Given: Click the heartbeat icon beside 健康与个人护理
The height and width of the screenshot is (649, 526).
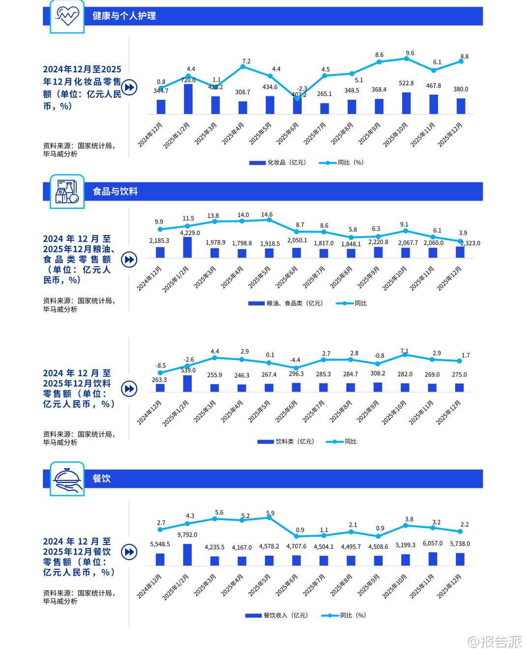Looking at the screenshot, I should (x=67, y=16).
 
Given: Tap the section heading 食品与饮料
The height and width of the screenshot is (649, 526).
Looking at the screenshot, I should (x=115, y=191).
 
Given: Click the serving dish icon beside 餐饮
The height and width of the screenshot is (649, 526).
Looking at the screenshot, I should (x=67, y=479).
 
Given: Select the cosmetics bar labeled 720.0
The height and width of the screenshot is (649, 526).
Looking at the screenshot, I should (x=188, y=99).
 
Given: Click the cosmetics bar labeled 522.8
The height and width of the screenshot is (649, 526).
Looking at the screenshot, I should (x=406, y=103).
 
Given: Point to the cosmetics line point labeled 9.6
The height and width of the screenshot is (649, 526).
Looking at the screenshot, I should (x=406, y=59).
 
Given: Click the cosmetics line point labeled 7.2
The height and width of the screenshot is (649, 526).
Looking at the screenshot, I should (x=243, y=66).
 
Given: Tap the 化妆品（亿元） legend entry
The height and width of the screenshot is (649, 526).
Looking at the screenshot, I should (x=278, y=163).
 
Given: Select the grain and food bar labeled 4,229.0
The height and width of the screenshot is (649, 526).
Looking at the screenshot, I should (x=187, y=247).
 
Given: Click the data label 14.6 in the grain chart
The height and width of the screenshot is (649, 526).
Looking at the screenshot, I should (x=267, y=214).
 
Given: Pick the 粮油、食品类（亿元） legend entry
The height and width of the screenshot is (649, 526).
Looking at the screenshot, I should (x=285, y=303).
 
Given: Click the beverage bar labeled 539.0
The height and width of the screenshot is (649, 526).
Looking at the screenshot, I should (x=187, y=383).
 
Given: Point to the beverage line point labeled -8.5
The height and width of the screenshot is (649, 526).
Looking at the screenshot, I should (x=160, y=373).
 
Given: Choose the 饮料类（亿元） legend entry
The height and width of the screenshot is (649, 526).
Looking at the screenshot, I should (x=286, y=442).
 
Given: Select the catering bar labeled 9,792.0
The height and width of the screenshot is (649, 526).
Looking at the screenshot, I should (x=187, y=555).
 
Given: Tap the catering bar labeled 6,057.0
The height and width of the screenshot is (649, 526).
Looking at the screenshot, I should (x=433, y=559).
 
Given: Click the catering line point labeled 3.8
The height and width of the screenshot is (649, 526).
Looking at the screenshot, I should (x=406, y=526).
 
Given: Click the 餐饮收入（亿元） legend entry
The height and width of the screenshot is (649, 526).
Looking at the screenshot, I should (x=277, y=616).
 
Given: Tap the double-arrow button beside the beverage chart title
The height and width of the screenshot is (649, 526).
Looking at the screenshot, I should (x=129, y=389).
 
